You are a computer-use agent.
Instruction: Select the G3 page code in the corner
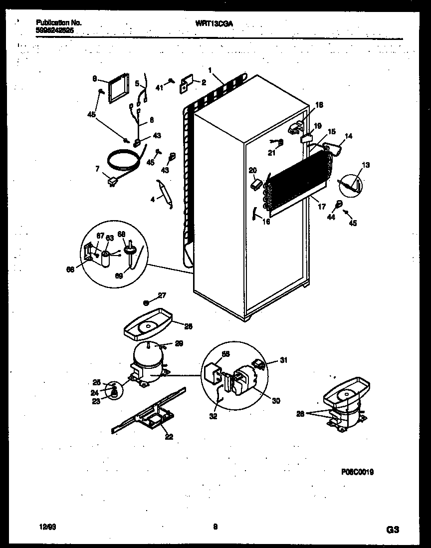tap(393, 529)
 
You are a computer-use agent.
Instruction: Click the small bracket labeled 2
tap(187, 83)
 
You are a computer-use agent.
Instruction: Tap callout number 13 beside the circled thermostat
tap(366, 165)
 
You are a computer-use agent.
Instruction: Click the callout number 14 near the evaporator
tap(348, 135)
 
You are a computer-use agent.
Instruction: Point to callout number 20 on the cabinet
tap(252, 170)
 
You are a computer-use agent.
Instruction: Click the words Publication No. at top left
tap(58, 23)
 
